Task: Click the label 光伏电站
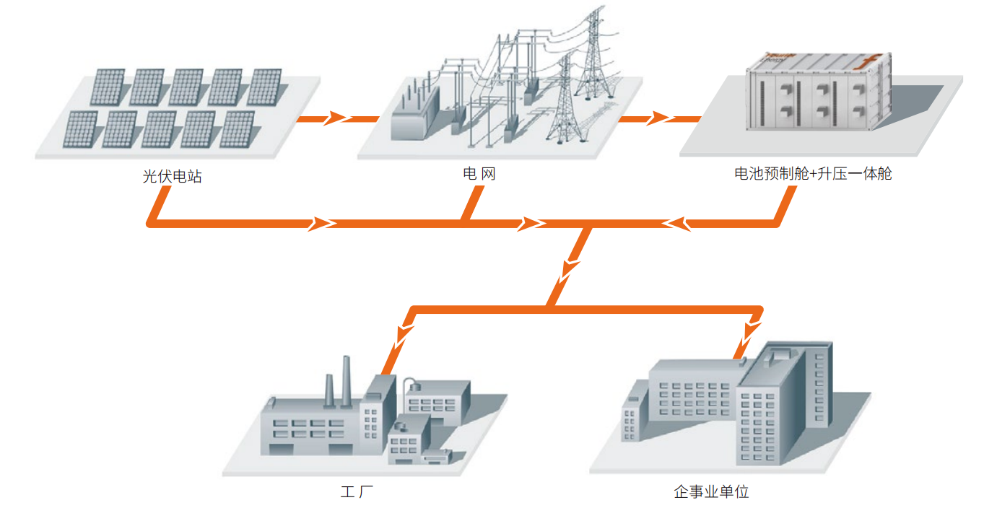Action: [172, 175]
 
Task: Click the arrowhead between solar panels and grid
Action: [333, 118]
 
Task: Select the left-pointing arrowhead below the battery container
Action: [675, 223]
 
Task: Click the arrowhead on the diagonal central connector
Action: [570, 268]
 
